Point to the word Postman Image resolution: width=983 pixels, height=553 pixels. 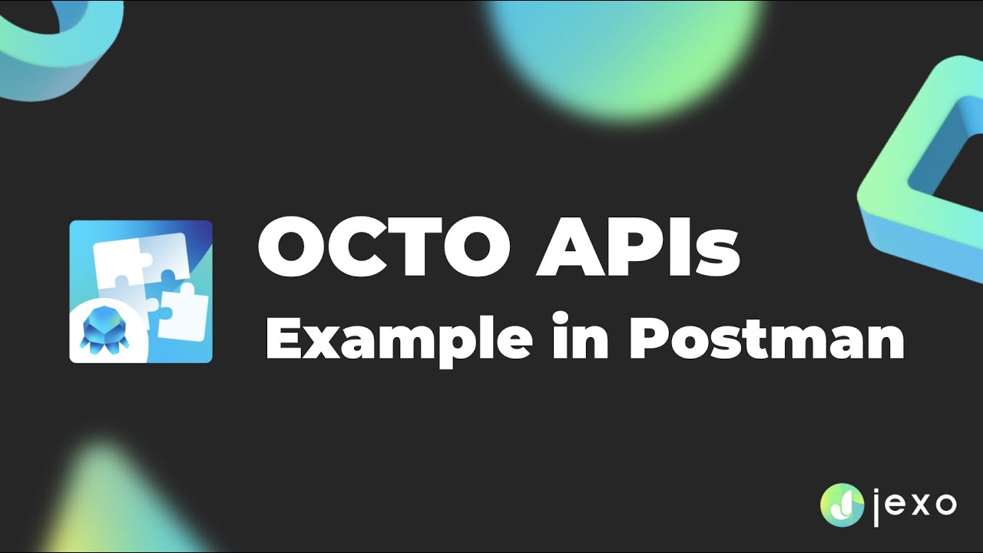point(766,338)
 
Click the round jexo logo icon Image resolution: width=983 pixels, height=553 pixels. point(842,505)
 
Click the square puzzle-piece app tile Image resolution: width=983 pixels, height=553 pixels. point(141,291)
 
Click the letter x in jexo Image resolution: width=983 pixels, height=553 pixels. point(916,505)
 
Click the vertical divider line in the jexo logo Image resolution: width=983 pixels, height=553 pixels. point(876,505)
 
